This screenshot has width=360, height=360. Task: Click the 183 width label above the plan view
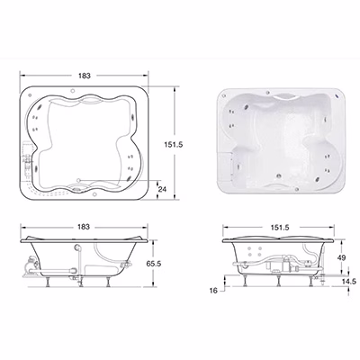coord(85,76)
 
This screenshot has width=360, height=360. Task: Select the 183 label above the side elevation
coord(84,227)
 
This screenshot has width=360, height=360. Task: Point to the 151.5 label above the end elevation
coord(279,228)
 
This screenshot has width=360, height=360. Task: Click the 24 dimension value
coord(162,189)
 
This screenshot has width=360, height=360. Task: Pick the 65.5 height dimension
coord(154,264)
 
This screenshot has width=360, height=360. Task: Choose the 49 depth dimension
coord(341,257)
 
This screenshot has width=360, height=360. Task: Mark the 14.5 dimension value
coord(348,282)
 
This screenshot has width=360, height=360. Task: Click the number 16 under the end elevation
coord(213,291)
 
